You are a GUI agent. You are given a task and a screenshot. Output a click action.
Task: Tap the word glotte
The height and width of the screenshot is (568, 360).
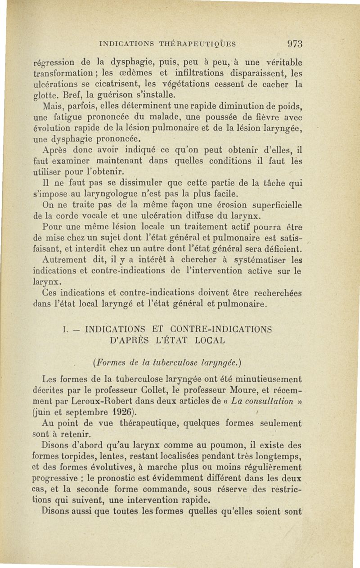pyautogui.click(x=48, y=95)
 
